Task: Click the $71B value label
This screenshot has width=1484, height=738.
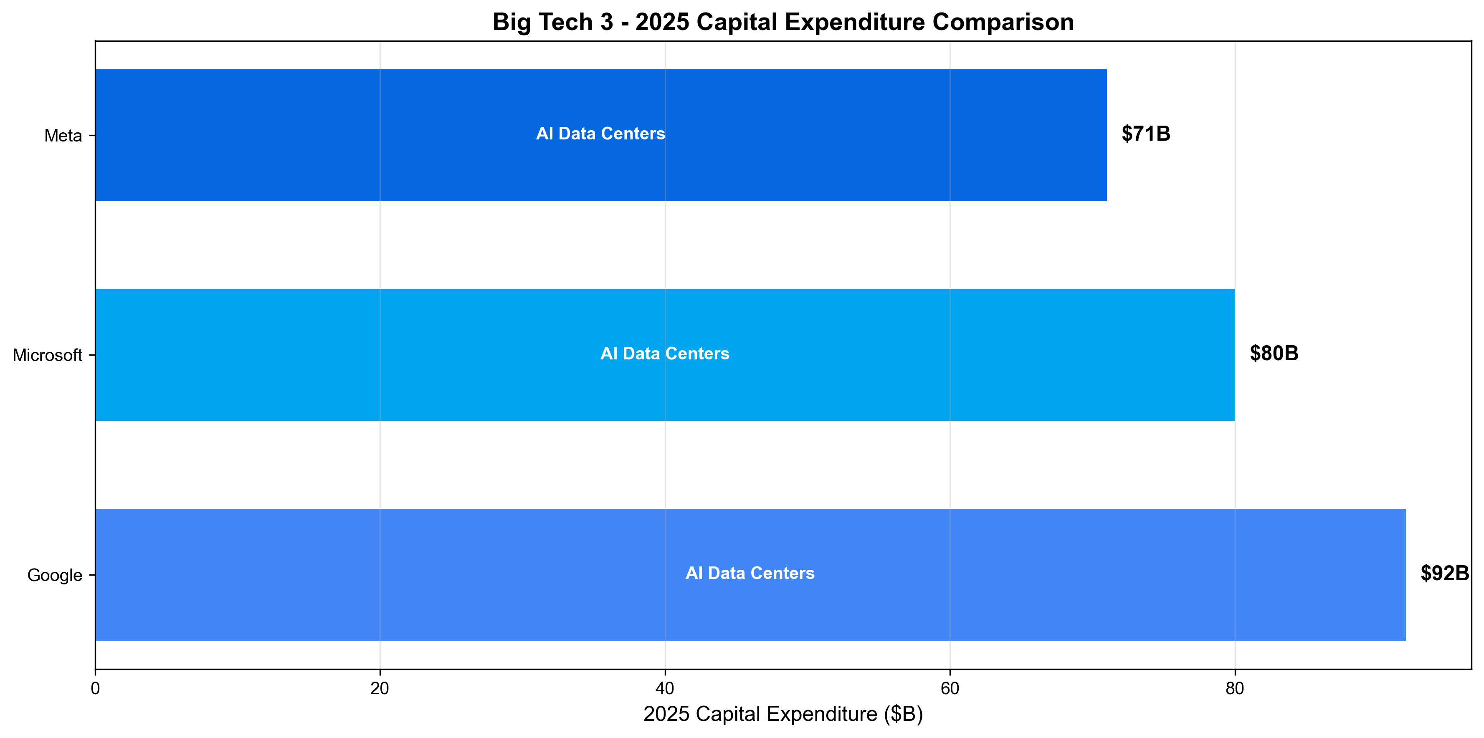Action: pos(1146,134)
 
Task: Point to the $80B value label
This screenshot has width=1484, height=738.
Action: pos(1274,353)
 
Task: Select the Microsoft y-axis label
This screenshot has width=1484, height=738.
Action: pos(47,356)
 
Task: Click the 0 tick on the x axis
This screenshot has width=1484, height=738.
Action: pos(95,688)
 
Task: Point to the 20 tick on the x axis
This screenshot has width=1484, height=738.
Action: pos(380,688)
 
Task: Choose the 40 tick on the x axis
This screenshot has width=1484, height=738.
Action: pos(665,688)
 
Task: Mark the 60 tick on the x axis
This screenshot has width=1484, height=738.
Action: pos(950,688)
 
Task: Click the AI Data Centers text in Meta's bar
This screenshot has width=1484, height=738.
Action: pos(600,134)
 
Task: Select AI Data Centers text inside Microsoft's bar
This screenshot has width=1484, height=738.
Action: pos(665,354)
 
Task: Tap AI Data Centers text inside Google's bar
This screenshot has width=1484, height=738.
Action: pos(750,573)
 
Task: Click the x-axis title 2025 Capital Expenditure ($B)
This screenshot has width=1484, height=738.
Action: pos(783,714)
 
